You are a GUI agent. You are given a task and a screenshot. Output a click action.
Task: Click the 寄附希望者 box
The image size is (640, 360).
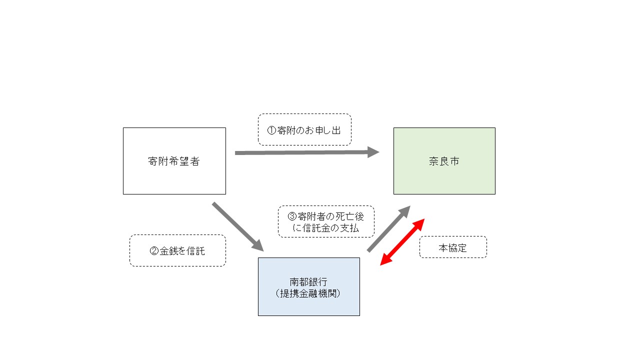pos(174,161)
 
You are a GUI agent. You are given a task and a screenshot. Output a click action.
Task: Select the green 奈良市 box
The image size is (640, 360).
pos(444,161)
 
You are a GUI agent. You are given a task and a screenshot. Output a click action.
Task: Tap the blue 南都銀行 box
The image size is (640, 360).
pos(308,286)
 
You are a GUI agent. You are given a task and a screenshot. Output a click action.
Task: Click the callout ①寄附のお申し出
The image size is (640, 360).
pos(304,130)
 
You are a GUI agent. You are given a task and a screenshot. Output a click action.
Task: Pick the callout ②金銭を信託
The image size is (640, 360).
pos(177,251)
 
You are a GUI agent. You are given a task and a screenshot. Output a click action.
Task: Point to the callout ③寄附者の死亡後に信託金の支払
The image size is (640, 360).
pos(326,221)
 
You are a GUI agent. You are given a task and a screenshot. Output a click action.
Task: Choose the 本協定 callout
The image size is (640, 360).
pos(452,247)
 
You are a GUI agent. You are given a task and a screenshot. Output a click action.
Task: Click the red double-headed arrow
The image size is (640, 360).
pos(402,242)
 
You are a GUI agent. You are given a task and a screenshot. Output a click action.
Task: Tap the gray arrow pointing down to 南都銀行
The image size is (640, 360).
pos(237,226)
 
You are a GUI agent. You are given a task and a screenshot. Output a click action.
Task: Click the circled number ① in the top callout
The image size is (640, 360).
pos(271,130)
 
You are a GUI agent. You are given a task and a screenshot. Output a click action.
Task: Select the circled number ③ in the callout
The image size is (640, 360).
pos(292,216)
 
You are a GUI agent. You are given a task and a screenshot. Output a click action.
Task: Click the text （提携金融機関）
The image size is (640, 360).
pos(308,293)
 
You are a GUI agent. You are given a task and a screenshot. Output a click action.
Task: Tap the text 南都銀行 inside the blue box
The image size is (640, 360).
pos(308,282)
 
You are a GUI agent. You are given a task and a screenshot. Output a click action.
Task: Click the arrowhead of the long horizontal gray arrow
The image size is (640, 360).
pos(373,152)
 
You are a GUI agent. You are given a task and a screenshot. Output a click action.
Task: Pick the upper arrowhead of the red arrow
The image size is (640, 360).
pos(419,224)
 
